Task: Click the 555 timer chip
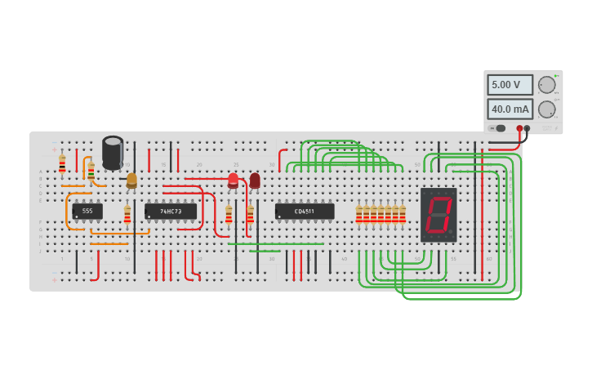tap(87, 211)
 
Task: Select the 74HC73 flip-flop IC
tap(171, 211)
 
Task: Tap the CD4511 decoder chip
tap(305, 211)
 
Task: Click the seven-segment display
tap(438, 214)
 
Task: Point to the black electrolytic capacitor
tap(113, 153)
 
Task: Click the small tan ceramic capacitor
tap(131, 180)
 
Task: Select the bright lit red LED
tap(233, 179)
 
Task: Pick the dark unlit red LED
tap(255, 179)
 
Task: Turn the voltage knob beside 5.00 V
tap(547, 84)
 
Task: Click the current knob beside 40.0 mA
tap(547, 109)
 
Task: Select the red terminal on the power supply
tap(519, 128)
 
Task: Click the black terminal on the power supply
tap(527, 128)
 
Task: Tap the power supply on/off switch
tap(498, 128)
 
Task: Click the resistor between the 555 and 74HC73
tap(127, 214)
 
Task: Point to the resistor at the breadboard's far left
tap(62, 163)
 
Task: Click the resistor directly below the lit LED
tap(229, 214)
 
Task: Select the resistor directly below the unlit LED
tap(251, 214)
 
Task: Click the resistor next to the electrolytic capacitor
tap(91, 172)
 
